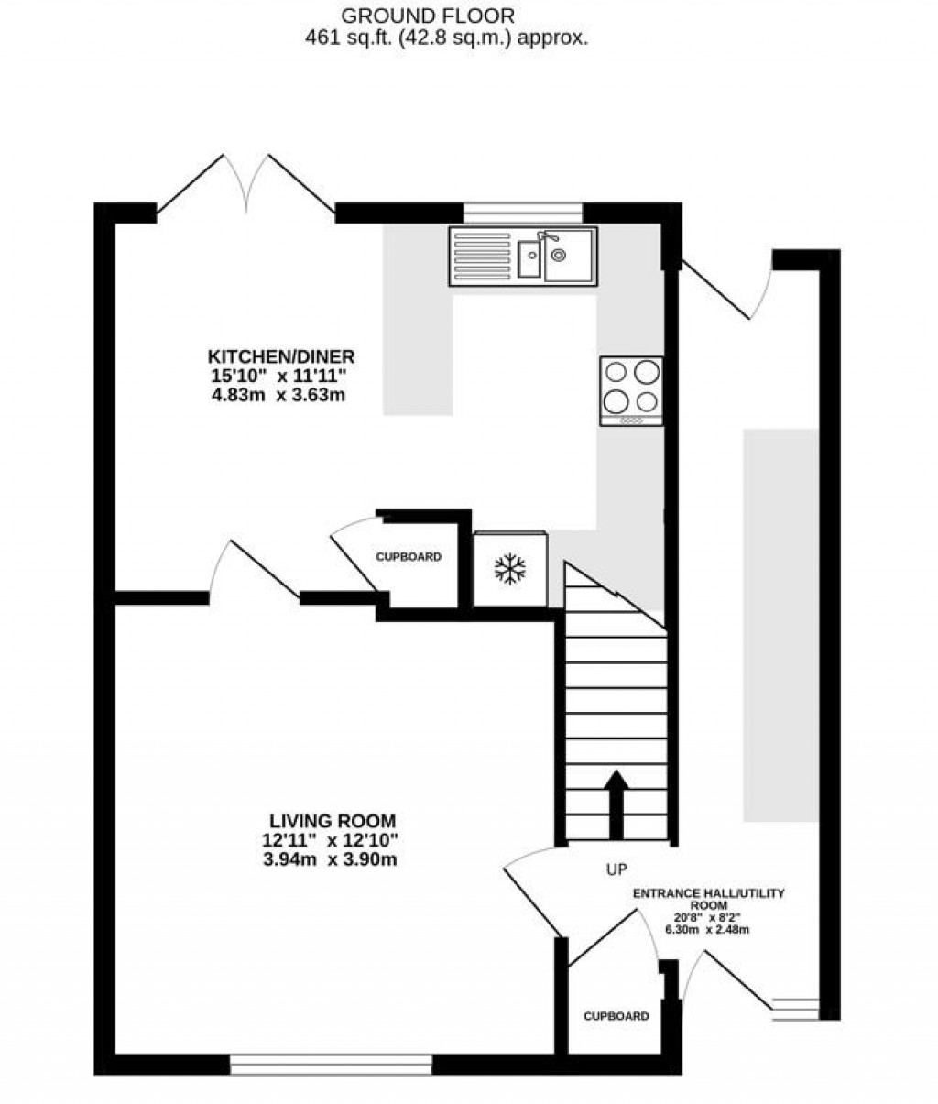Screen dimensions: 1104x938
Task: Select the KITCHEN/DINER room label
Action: [x=281, y=356]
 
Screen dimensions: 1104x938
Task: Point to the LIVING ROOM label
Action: [x=333, y=821]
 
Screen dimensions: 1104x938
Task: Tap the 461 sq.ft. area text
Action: [x=445, y=38]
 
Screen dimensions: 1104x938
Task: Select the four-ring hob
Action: [x=630, y=388]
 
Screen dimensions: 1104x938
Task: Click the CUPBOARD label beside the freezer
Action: [x=409, y=557]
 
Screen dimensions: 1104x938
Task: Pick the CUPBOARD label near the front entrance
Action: [x=616, y=1016]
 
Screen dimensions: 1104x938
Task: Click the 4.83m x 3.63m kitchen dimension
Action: [x=281, y=396]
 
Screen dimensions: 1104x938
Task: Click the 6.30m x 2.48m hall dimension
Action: [x=708, y=930]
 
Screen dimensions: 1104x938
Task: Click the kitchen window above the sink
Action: [x=522, y=213]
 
